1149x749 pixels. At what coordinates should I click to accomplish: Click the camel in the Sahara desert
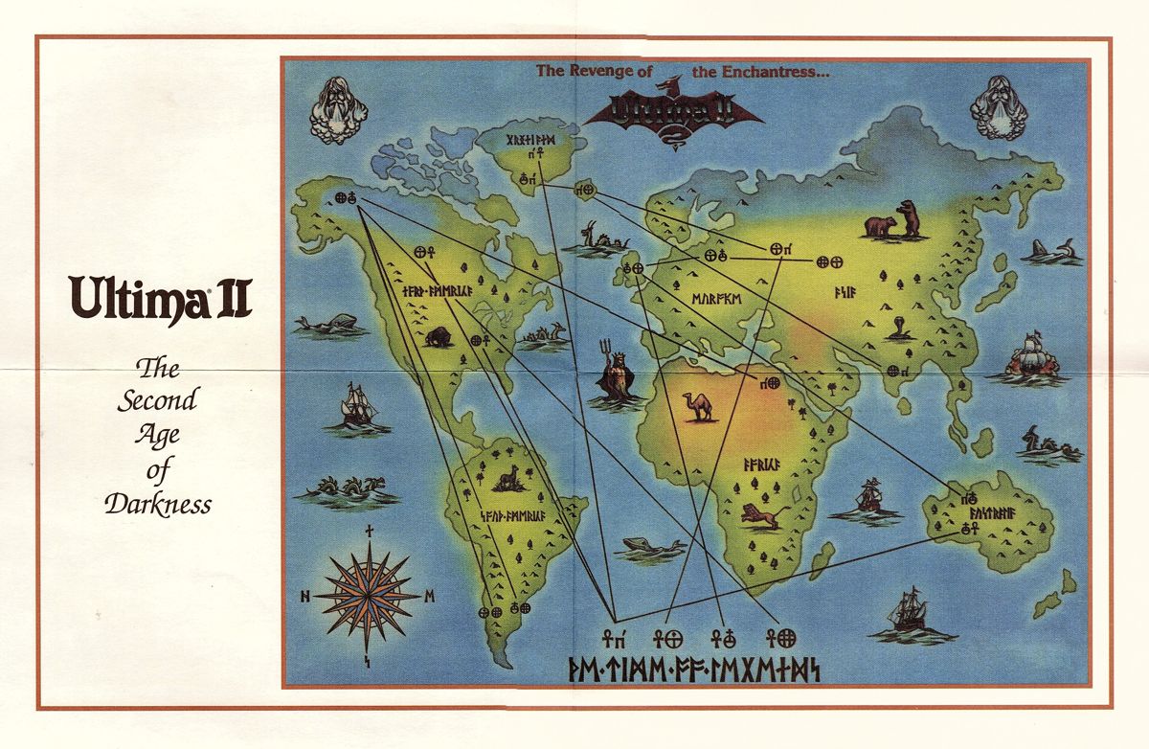point(698,406)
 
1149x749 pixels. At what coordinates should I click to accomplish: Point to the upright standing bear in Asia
point(907,218)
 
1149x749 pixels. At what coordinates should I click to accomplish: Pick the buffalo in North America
point(439,336)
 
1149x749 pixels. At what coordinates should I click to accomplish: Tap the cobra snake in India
point(898,329)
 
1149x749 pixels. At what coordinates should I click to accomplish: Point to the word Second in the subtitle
point(157,399)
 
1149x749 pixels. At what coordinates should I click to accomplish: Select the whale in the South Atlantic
point(653,548)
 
